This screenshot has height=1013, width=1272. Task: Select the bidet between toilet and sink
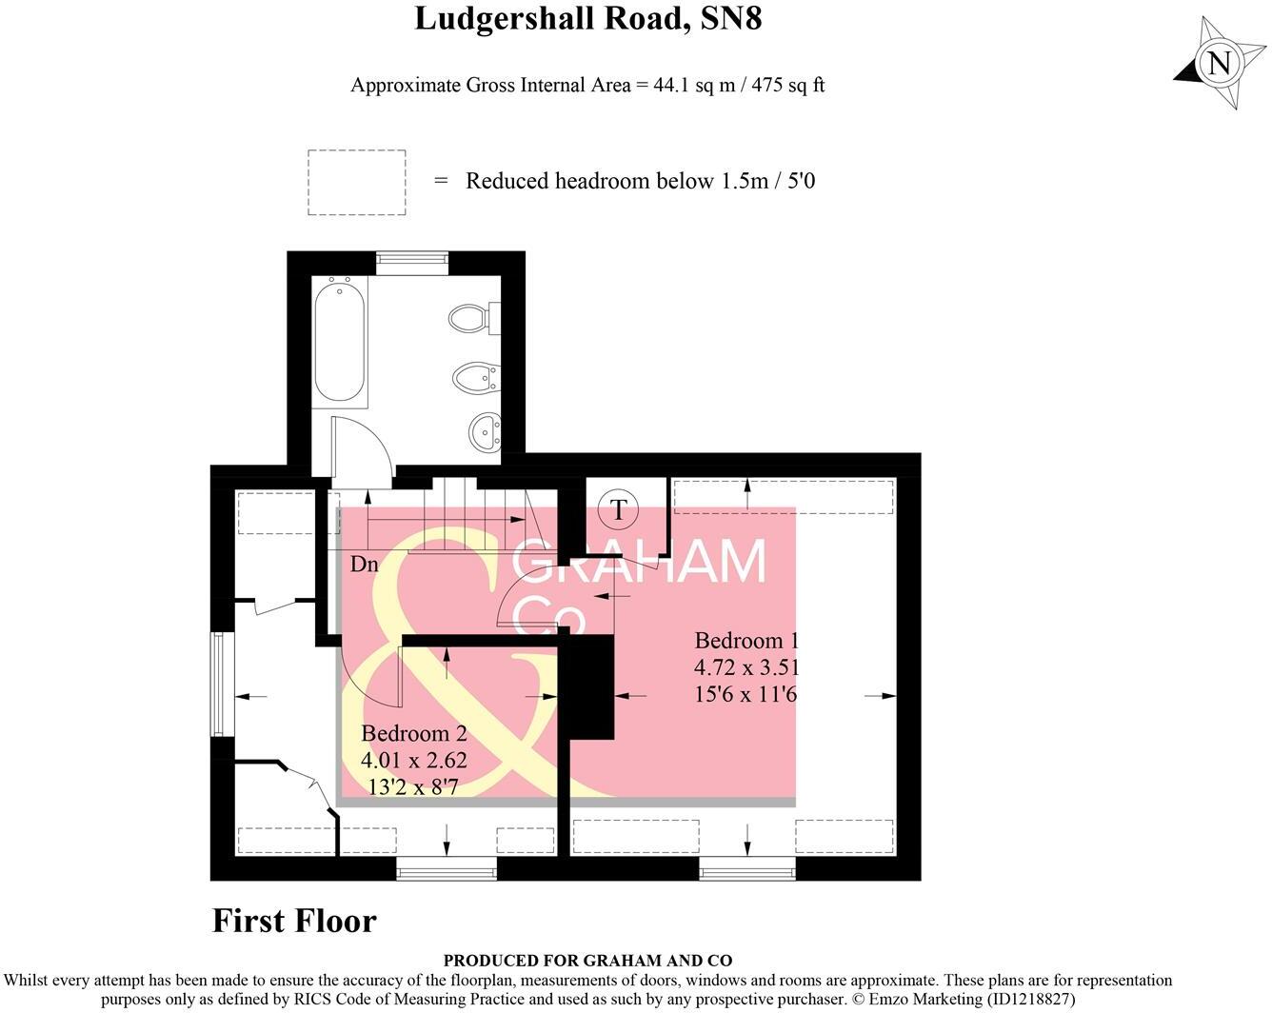[x=473, y=378]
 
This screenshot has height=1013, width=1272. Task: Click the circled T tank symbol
[x=619, y=510]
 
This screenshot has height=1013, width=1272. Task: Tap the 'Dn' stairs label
[x=364, y=565]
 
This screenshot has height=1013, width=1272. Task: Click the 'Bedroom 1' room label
[x=745, y=641]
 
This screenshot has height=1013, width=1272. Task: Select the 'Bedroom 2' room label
[x=413, y=733]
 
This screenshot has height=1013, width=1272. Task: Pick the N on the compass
[x=1218, y=64]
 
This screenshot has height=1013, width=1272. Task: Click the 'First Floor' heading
[x=294, y=921]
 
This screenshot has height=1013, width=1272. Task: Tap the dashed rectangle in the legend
[x=357, y=181]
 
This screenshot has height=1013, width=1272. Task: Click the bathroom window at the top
[x=411, y=256]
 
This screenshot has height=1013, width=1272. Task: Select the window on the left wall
[x=220, y=684]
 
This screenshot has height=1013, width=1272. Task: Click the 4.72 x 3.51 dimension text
[x=746, y=667]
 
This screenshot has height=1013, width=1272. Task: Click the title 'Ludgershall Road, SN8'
[x=587, y=19]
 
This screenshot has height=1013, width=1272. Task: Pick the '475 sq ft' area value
[x=787, y=85]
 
